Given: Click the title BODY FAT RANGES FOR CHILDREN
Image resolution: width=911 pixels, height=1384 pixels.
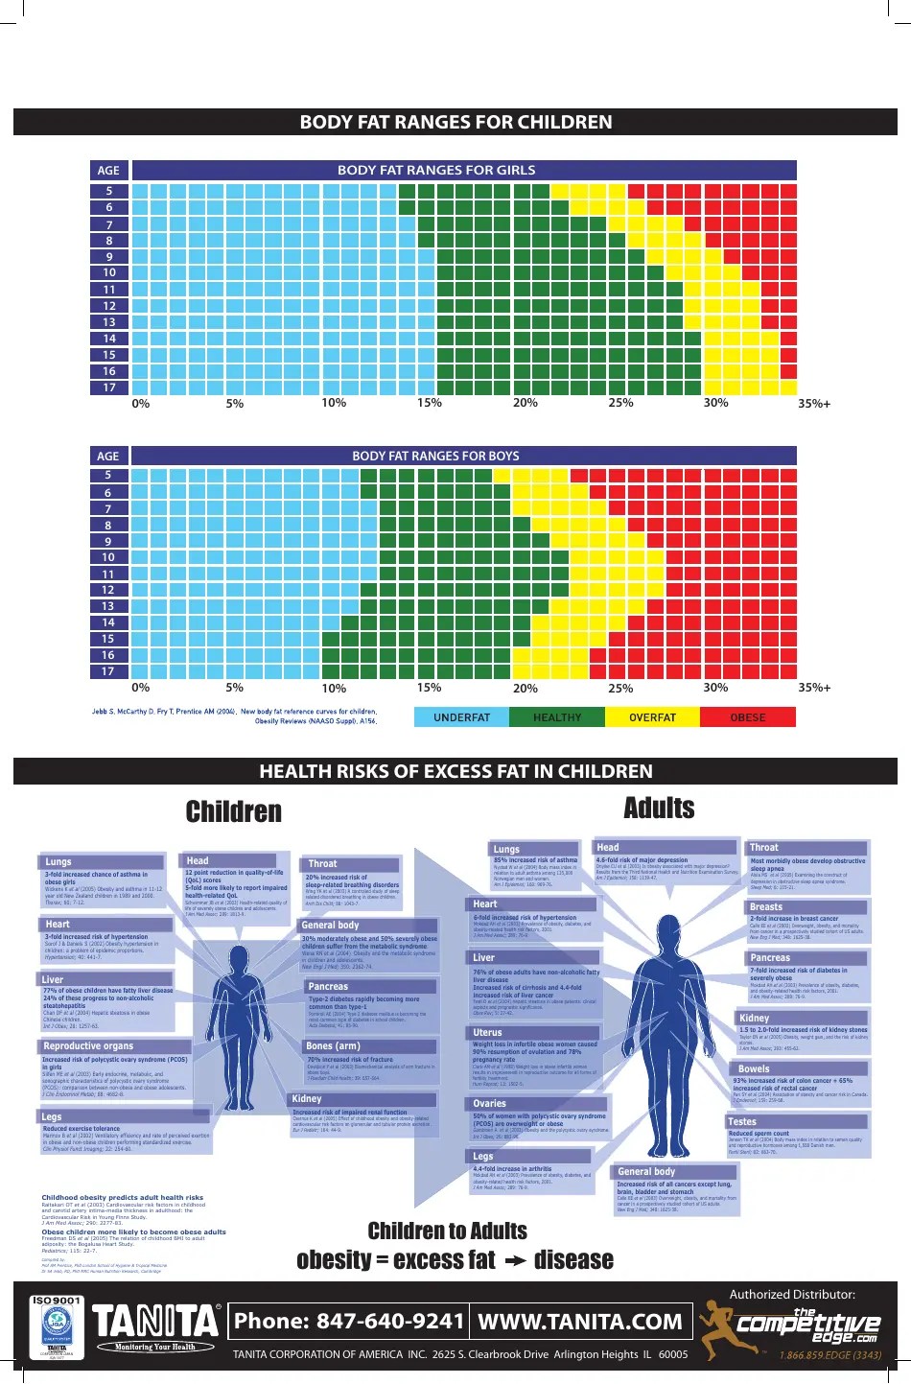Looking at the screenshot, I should pyautogui.click(x=455, y=122).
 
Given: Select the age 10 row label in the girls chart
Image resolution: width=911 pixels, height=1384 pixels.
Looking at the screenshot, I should pyautogui.click(x=109, y=272).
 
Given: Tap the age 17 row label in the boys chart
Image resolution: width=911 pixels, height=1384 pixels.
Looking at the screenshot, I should pyautogui.click(x=108, y=671).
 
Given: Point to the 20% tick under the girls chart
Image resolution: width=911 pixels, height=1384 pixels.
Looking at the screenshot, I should pyautogui.click(x=525, y=403).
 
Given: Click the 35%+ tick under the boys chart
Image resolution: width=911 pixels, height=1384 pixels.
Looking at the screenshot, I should pyautogui.click(x=813, y=688).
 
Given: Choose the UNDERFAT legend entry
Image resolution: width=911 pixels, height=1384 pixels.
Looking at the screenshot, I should pyautogui.click(x=461, y=717).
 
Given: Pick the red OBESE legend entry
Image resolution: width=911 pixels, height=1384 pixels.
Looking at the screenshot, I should pyautogui.click(x=748, y=717).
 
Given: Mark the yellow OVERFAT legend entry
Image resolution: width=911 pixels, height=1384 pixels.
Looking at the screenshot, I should pyautogui.click(x=652, y=717).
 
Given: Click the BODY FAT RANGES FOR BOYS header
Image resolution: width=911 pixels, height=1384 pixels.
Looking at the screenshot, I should pyautogui.click(x=435, y=456).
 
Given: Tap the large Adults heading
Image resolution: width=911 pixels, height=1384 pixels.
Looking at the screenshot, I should pyautogui.click(x=659, y=809).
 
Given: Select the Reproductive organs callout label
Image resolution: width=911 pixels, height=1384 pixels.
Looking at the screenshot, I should pyautogui.click(x=88, y=1046).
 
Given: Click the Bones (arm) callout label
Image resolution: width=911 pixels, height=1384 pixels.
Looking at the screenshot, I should pyautogui.click(x=333, y=1045).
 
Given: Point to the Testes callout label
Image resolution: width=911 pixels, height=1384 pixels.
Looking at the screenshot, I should pyautogui.click(x=742, y=1121).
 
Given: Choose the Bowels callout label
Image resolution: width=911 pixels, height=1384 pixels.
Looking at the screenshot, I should pyautogui.click(x=754, y=1068).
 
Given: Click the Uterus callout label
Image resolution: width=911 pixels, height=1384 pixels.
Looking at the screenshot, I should pyautogui.click(x=487, y=1033).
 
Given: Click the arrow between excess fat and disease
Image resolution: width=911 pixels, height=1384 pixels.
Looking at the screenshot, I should pyautogui.click(x=516, y=1261).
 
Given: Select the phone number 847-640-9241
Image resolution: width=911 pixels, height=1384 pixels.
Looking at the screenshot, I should pyautogui.click(x=349, y=1322).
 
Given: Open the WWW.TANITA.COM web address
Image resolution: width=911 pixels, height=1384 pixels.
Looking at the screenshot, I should pyautogui.click(x=579, y=1322).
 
